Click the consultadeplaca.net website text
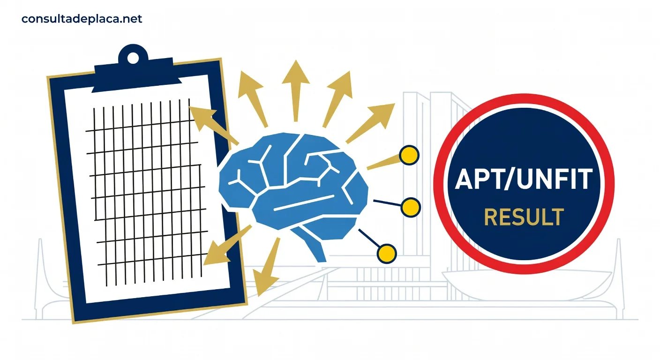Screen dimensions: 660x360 pos(82,19)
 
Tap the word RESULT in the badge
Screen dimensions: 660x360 pos(524,217)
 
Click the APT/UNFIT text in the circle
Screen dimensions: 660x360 pos(524,179)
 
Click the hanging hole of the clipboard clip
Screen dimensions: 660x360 pos(133,58)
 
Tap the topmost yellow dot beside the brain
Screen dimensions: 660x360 pos(409,155)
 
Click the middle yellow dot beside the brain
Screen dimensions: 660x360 pos(411,207)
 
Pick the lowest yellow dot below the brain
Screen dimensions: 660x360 pos(387,254)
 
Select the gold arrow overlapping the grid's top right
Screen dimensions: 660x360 pos(213,126)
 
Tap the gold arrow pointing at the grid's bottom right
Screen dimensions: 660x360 pos(227,245)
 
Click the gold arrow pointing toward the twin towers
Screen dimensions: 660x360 pos(370,123)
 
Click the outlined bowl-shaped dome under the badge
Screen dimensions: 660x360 pos(527,284)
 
